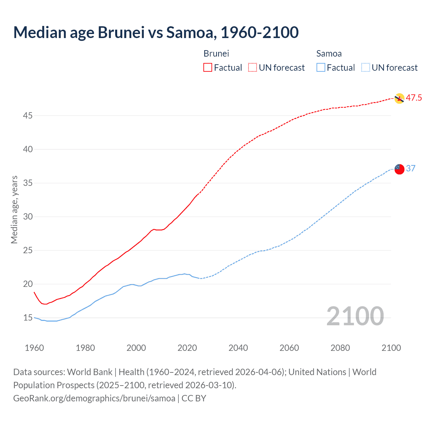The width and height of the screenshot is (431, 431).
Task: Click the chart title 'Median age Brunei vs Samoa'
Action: (x=156, y=32)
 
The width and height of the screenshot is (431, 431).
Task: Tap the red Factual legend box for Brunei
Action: (x=208, y=67)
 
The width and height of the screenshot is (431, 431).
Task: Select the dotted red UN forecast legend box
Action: (x=253, y=67)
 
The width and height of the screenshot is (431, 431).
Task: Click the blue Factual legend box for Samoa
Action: (x=321, y=67)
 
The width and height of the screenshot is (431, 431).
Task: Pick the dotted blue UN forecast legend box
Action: (x=365, y=67)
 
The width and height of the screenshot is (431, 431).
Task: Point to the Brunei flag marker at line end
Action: (x=399, y=98)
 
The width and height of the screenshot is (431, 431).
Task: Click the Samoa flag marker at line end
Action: (x=399, y=169)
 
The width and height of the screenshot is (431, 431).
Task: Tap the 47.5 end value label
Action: (x=414, y=98)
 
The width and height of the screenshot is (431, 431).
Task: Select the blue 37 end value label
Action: (x=411, y=168)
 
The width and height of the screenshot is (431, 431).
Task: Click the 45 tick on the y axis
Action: (x=28, y=115)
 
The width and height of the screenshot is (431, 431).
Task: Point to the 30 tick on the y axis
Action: (x=28, y=217)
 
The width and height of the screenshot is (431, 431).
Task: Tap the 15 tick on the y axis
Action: (x=28, y=318)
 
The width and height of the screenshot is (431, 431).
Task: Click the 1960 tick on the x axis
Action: (x=34, y=347)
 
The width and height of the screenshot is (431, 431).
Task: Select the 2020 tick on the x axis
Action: (x=187, y=347)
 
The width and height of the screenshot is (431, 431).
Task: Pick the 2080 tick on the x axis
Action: (x=340, y=347)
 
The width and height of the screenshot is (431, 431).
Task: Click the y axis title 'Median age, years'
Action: (x=14, y=209)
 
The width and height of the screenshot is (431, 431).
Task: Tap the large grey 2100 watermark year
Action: (x=355, y=316)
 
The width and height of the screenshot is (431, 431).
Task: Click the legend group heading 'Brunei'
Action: (x=216, y=54)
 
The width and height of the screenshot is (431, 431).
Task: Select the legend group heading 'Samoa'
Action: (x=329, y=54)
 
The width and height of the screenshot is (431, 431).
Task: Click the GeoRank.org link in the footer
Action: (x=94, y=398)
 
